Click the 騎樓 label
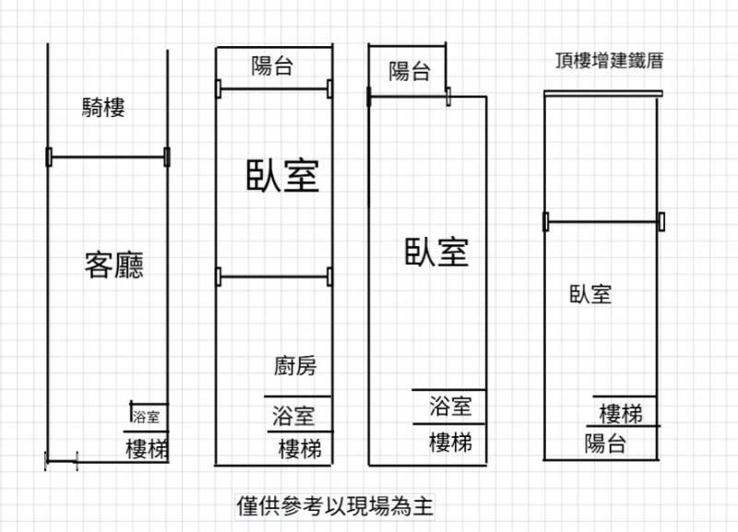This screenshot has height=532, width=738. point(103,108)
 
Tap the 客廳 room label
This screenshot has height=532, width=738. point(113,266)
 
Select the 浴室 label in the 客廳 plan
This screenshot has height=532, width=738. point(146,416)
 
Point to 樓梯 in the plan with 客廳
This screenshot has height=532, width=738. point(147,449)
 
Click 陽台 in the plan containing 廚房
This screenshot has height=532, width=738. point(272,65)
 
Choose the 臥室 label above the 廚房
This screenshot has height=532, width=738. point(283,175)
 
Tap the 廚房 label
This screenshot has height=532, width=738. point(295,366)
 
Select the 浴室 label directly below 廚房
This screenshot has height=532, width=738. point(293,416)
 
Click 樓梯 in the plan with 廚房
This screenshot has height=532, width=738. point(301,449)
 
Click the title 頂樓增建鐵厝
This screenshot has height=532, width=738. point(610,61)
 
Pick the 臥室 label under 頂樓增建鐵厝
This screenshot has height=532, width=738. point(590,294)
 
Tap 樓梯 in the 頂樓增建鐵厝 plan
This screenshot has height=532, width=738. point(621,414)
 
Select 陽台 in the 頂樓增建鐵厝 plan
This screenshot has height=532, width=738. point(605,443)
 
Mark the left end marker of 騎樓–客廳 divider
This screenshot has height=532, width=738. point(49,157)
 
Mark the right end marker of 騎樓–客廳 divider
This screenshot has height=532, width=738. point(167,157)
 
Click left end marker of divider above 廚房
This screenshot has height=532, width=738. point(219,277)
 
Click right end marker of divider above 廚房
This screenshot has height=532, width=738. point(329,277)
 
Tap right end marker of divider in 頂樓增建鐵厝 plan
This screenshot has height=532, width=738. point(661,221)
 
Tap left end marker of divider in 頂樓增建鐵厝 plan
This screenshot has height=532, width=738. point(546,221)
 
